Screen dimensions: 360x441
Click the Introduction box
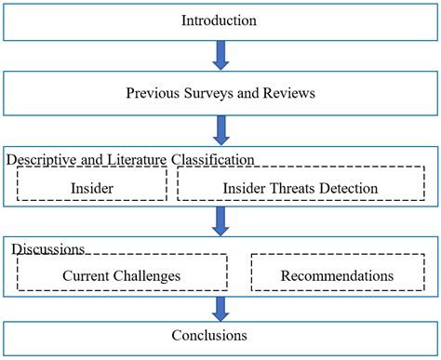pos(220,20)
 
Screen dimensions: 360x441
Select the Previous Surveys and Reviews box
pos(220,92)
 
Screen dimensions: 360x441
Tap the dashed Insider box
pos(91,187)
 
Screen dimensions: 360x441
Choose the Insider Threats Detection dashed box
pos(300,187)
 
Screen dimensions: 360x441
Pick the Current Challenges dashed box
pos(121,275)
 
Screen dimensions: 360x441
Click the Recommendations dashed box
pos(336,275)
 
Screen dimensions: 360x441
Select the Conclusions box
pos(220,335)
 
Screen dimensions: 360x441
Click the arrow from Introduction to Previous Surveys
pos(220,56)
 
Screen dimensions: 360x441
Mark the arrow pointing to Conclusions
pos(220,309)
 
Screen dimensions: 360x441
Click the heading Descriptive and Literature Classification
pos(130,160)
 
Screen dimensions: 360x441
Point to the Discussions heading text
pos(47,249)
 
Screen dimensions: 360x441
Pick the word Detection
pos(348,187)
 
